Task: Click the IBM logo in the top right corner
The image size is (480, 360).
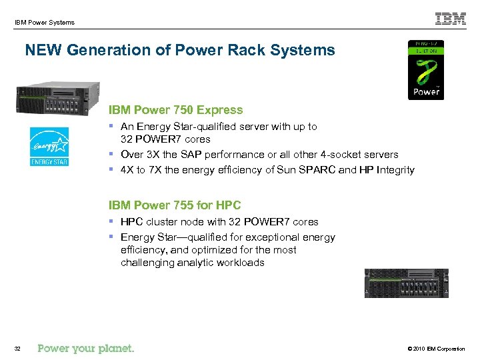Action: coord(451,19)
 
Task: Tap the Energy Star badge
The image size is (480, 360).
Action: coord(49,146)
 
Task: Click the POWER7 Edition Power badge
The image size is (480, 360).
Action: coord(425,69)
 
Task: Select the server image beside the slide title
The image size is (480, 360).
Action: coord(59,98)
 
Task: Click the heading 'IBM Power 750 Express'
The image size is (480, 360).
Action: coord(176,110)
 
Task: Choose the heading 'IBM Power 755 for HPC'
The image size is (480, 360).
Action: coord(175,205)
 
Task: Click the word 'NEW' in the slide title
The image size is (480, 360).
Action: coord(42,51)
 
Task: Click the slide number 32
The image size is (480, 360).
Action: coord(17,349)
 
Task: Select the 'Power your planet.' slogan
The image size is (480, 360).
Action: coord(86,348)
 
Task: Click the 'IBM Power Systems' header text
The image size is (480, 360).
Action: coord(44,23)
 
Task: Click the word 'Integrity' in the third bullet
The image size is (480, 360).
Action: coord(395,170)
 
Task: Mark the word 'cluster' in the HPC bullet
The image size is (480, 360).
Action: coord(162,222)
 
